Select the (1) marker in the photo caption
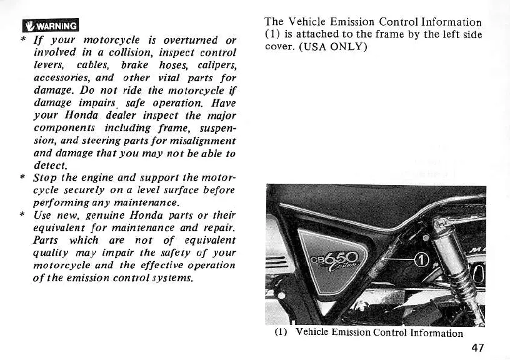280,332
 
